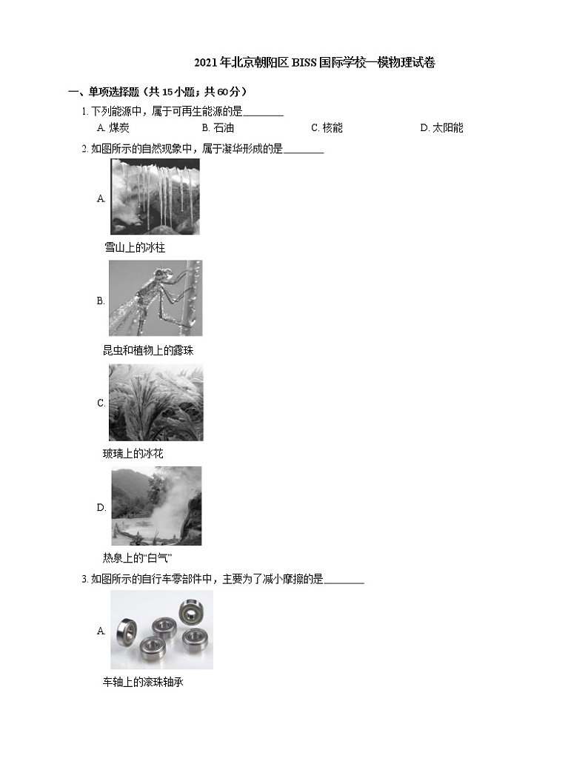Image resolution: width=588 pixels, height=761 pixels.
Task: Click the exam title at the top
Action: click(x=314, y=63)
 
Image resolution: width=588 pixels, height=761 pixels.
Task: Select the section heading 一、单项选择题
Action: click(x=157, y=92)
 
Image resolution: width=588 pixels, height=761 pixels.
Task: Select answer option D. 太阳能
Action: click(x=441, y=127)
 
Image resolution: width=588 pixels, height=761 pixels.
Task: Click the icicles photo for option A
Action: click(x=155, y=197)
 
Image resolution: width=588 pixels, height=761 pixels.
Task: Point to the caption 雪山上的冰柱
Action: click(x=135, y=247)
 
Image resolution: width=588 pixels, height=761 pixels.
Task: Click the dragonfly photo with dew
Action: click(x=155, y=298)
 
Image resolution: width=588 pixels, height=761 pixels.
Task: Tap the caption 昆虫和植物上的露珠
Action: click(x=148, y=350)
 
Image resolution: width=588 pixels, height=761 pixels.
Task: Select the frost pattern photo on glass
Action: click(x=156, y=403)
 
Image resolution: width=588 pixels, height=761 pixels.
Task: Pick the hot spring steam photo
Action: click(x=156, y=506)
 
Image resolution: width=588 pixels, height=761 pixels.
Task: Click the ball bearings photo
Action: click(x=161, y=630)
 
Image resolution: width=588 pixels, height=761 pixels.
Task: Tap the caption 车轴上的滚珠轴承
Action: click(x=143, y=682)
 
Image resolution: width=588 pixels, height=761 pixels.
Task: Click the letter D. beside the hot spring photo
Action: click(x=101, y=507)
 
